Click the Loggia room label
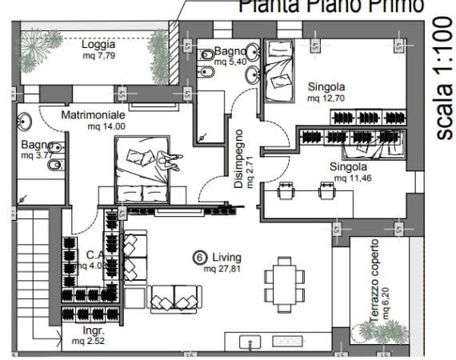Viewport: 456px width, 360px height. [98, 45]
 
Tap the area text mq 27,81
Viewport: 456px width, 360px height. [222, 270]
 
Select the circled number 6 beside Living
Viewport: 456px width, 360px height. [200, 258]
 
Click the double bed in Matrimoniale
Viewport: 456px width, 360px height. [143, 169]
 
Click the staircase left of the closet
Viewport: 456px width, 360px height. [35, 272]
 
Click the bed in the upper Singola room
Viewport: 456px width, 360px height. [281, 71]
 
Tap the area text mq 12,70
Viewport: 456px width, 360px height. [325, 98]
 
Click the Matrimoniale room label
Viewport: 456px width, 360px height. [94, 115]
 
